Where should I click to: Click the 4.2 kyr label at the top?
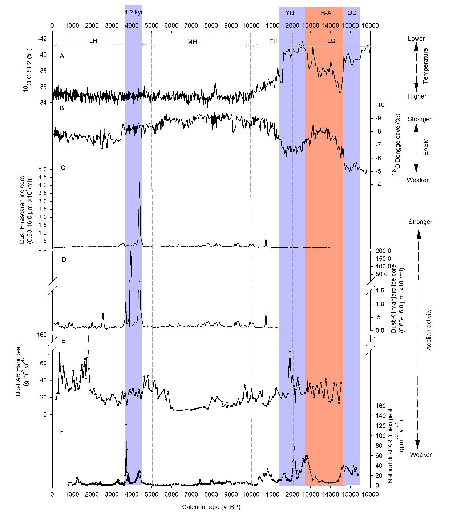(133, 12)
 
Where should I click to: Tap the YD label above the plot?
(290, 13)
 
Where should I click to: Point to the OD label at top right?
(352, 13)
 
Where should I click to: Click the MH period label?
(192, 42)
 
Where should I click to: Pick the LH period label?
(93, 41)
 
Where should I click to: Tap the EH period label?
(273, 41)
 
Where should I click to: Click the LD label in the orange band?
(331, 41)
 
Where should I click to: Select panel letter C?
(63, 168)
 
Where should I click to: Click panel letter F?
(62, 432)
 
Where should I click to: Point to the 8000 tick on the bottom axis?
(211, 494)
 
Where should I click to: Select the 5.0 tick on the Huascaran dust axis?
(43, 169)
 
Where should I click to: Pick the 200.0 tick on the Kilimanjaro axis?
(383, 251)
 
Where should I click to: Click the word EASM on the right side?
(426, 149)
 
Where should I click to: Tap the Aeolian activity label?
(429, 330)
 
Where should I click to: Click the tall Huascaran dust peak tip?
(139, 182)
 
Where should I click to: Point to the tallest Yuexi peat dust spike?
(126, 424)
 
